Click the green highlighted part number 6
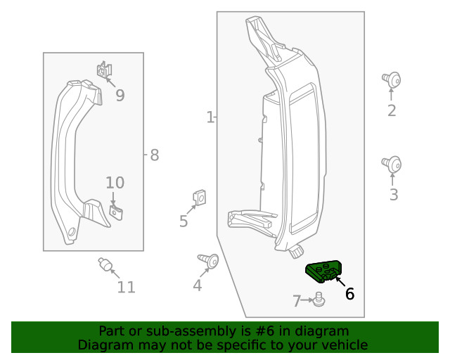[x=323, y=270]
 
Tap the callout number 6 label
[x=349, y=294]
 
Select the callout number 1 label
[x=210, y=117]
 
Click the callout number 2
[x=392, y=110]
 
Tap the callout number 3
[x=393, y=195]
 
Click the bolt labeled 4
[x=209, y=261]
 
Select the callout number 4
[x=198, y=285]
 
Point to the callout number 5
[x=184, y=221]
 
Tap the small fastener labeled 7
[x=319, y=300]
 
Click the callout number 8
[x=155, y=155]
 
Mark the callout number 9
[x=120, y=96]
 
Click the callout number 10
[x=115, y=183]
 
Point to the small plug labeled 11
[x=104, y=264]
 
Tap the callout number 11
[x=127, y=287]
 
